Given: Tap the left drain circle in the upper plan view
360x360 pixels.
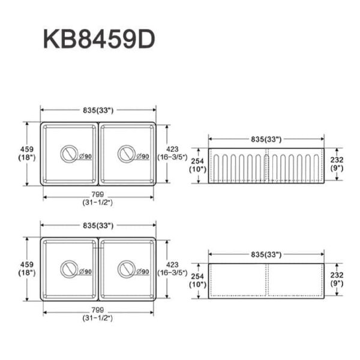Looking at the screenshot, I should coord(69,154).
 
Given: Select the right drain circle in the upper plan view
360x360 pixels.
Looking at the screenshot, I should coord(127,154).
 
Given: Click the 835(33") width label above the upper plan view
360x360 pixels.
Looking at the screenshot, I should coord(98,110).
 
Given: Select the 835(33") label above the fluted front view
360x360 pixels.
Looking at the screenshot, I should coord(267,139).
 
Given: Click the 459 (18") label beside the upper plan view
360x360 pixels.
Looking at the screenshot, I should coord(26,153).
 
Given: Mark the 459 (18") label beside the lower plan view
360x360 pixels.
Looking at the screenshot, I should coord(26,268).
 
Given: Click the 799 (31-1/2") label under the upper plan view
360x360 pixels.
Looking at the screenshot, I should coord(98,199).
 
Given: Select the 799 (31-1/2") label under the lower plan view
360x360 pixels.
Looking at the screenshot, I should coord(98,314).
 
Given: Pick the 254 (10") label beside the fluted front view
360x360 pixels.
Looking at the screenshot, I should coord(197,165).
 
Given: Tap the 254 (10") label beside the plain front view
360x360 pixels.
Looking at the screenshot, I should coord(197,280).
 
